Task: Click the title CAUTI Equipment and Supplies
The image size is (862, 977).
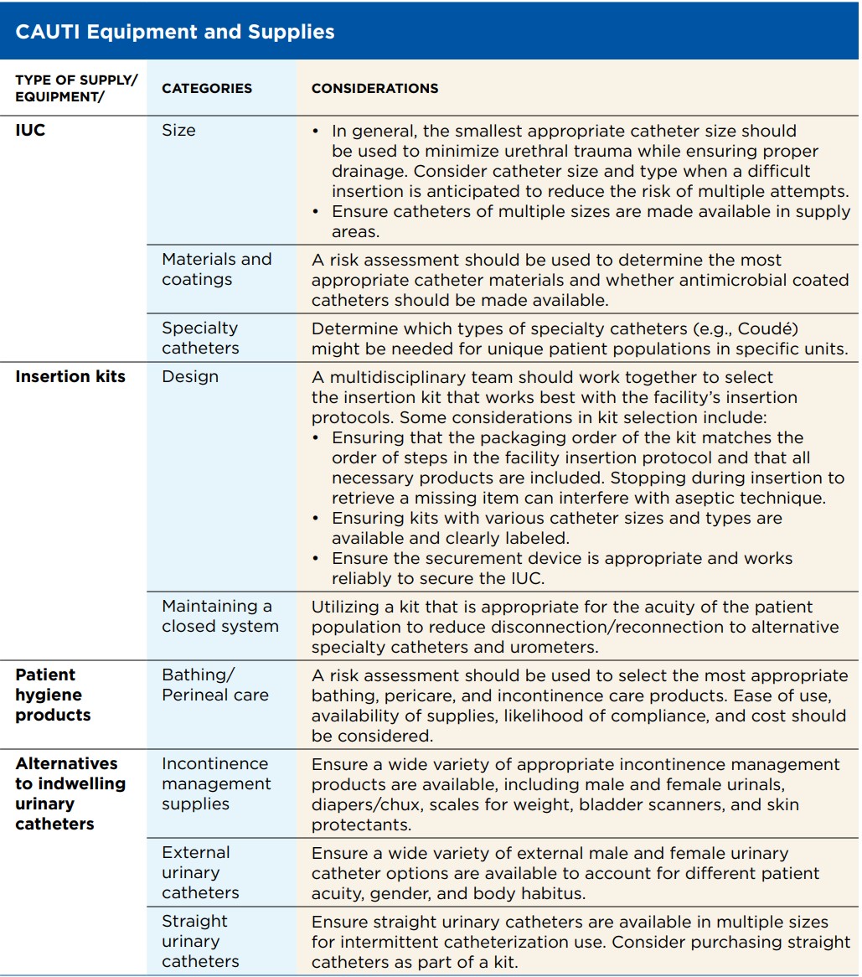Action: [x=175, y=33]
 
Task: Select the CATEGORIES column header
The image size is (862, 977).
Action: [x=207, y=88]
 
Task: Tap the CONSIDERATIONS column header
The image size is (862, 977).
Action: [x=374, y=88]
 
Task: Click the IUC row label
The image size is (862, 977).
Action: [x=30, y=131]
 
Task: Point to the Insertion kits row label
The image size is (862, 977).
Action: [x=70, y=376]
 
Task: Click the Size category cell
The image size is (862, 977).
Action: [x=178, y=131]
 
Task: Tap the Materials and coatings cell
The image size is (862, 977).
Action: [x=216, y=270]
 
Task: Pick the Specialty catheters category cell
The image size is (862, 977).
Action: [x=200, y=338]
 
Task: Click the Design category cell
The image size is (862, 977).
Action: [x=190, y=377]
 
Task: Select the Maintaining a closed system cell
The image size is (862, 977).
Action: [x=219, y=616]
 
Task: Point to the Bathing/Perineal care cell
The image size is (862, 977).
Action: [x=215, y=685]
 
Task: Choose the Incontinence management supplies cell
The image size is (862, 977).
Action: [x=216, y=783]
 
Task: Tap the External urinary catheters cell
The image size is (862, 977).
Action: [x=200, y=872]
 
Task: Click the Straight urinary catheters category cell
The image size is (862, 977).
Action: [x=200, y=941]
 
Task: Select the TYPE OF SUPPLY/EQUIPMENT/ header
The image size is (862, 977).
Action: [x=75, y=88]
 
